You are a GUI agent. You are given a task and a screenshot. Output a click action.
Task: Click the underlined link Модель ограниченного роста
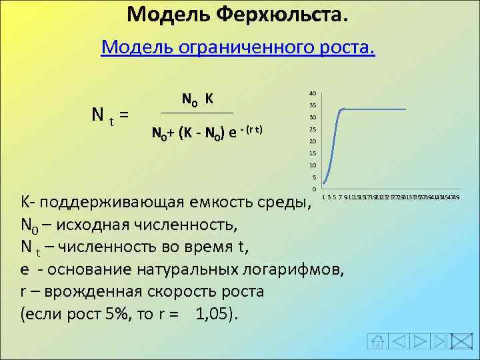pyautogui.click(x=238, y=48)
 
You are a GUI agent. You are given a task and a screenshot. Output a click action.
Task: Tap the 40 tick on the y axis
pyautogui.click(x=312, y=93)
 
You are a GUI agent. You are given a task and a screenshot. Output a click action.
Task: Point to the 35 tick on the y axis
pyautogui.click(x=312, y=106)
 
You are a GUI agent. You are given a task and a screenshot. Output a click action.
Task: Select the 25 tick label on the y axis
pyautogui.click(x=312, y=129)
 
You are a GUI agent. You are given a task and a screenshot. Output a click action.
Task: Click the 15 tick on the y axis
pyautogui.click(x=312, y=153)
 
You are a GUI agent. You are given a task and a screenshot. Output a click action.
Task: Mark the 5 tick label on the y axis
pyautogui.click(x=313, y=177)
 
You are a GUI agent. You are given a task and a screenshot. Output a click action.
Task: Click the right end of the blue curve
pyautogui.click(x=405, y=109)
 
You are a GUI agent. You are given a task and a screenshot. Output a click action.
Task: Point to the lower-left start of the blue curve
pyautogui.click(x=323, y=183)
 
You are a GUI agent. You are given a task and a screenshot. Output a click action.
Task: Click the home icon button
pyautogui.click(x=377, y=342)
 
